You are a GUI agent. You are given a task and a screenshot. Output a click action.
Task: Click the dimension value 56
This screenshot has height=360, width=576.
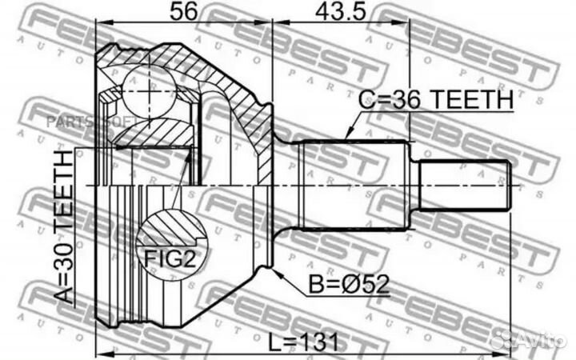tap(184, 13)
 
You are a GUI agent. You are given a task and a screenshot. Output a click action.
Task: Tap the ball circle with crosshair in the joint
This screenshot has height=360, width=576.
tap(150, 90)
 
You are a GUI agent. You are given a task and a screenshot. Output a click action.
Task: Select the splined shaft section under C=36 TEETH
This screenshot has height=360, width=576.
tap(352, 184)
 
